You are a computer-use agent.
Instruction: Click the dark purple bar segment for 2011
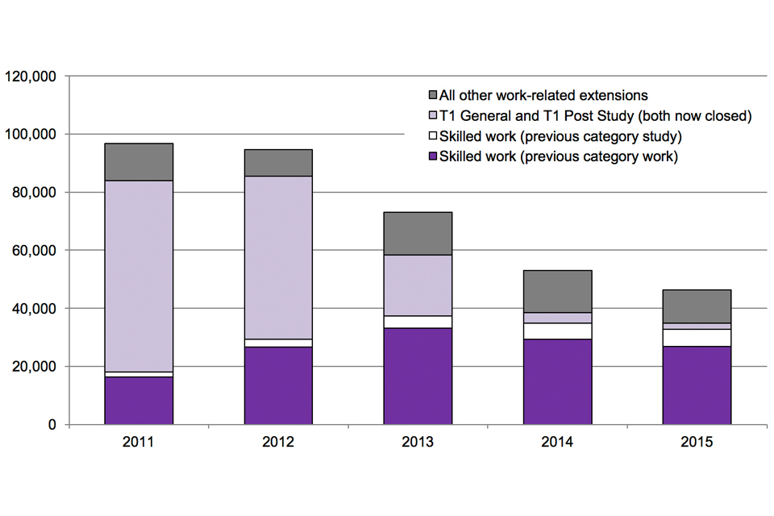pos(139,400)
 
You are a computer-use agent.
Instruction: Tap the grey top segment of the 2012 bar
pos(278,163)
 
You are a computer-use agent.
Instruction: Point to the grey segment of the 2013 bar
pos(418,233)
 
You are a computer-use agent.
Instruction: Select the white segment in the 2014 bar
pos(557,331)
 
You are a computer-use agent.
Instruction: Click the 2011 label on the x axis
pos(139,443)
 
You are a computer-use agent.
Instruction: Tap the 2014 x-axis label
pos(557,443)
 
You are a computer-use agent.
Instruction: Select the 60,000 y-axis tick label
pos(33,251)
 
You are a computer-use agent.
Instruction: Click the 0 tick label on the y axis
pos(51,425)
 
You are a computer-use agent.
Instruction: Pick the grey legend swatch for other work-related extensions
pos(432,96)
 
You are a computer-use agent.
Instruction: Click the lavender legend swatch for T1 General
pos(432,116)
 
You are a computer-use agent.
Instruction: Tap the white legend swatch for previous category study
pos(432,136)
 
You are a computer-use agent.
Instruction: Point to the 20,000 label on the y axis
pos(33,367)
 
